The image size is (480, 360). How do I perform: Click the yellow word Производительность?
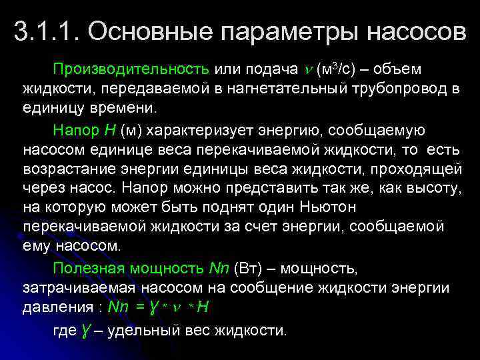click(x=132, y=69)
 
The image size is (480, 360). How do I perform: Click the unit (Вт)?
click(x=249, y=268)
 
